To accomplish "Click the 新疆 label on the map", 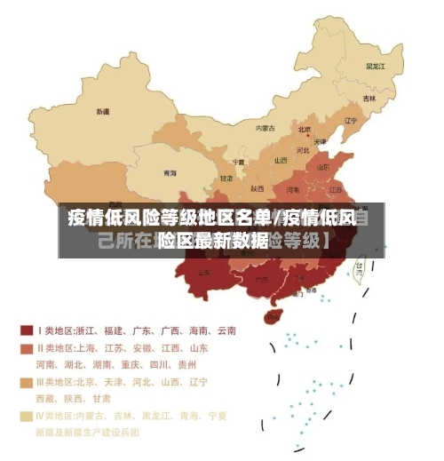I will [x=103, y=112].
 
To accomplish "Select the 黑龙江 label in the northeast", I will [x=375, y=67].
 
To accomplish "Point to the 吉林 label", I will [x=369, y=98].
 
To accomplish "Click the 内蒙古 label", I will [x=265, y=128].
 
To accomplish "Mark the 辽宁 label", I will [x=351, y=121].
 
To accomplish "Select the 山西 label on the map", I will [x=281, y=161].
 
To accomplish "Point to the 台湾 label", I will [x=360, y=264].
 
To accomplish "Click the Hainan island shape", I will [x=273, y=315].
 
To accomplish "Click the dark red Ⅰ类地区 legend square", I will [x=27, y=330].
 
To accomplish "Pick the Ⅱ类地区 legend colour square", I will [x=27, y=347].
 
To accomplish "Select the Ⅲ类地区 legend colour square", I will [x=27, y=382].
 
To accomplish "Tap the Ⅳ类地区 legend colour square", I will [x=27, y=416].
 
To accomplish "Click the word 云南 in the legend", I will [x=226, y=330].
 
